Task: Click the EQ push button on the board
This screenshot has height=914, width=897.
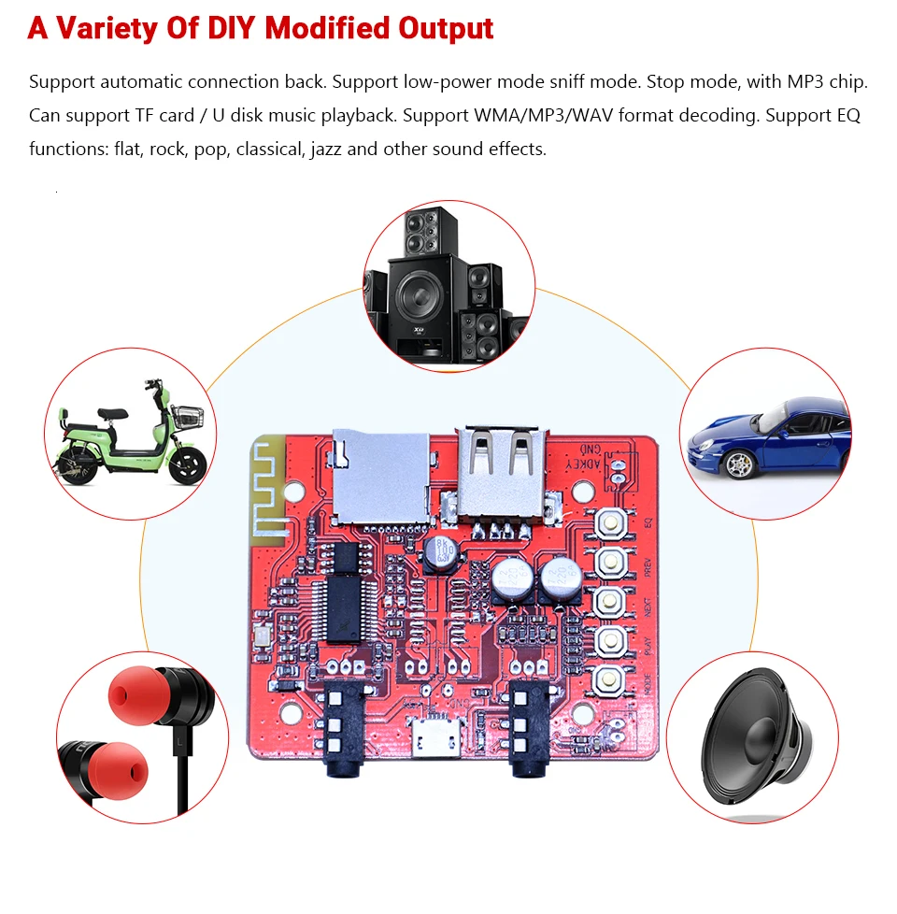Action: (x=611, y=522)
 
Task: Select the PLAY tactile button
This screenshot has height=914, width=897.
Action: (x=611, y=640)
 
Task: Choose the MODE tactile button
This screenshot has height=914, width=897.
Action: (x=611, y=679)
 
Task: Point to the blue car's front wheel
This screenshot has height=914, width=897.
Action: (x=738, y=462)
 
